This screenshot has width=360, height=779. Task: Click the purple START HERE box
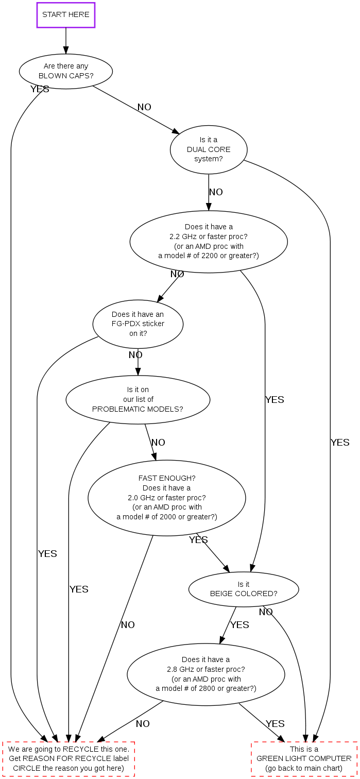click(66, 15)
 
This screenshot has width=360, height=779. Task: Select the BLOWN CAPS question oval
click(66, 71)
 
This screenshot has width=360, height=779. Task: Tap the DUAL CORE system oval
click(209, 149)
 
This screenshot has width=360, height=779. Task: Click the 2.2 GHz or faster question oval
click(209, 241)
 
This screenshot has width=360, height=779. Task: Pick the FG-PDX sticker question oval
click(138, 324)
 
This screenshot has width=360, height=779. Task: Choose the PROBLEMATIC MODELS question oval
click(138, 399)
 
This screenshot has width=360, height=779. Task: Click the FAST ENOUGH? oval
click(167, 498)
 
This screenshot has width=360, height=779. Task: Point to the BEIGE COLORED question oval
click(244, 589)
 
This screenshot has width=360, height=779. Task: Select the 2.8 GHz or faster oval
click(206, 674)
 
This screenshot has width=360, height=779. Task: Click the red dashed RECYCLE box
click(68, 759)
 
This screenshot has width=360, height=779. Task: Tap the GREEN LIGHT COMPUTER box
click(304, 759)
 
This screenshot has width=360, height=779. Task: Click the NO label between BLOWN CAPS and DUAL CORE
click(144, 107)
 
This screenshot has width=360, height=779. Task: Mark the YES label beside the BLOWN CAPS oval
click(40, 89)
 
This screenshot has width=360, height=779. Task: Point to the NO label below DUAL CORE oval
click(216, 192)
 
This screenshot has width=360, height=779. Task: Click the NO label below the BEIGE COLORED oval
click(266, 612)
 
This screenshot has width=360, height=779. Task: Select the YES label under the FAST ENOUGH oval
click(198, 540)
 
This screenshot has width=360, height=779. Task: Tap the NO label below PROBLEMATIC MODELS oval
click(158, 443)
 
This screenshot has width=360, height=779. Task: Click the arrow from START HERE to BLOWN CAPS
click(66, 41)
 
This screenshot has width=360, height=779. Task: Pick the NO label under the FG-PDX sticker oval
click(135, 355)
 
